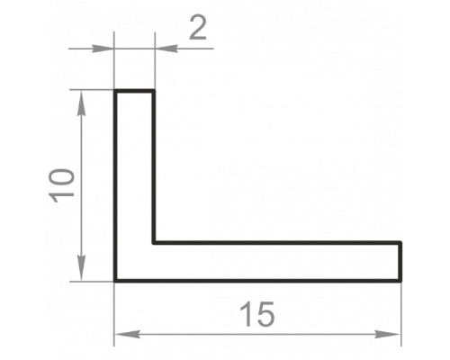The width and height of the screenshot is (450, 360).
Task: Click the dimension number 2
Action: coord(198,29)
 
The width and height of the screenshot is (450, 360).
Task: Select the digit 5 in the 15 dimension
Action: coord(265,314)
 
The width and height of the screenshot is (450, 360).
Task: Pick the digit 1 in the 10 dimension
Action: coord(63,196)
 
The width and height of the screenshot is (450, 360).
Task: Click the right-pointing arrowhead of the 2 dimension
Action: coord(103,49)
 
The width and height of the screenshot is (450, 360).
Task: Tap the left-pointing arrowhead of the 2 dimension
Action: coord(166,49)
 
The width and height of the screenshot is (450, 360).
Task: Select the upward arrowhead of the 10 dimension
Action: coord(81,103)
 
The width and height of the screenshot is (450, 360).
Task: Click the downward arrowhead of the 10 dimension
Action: coord(81,268)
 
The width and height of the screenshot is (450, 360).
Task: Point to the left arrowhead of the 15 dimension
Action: coord(127,334)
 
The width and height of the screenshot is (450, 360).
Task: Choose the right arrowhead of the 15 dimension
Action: coord(388,334)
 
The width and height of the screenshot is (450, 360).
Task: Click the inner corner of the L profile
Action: coord(154,242)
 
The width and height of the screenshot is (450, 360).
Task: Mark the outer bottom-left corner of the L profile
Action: coord(115,281)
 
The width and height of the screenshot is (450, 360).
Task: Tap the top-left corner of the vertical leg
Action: coord(115,91)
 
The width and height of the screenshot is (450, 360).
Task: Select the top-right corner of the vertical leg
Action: coord(154,91)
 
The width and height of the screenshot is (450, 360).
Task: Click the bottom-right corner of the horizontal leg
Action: coord(400,281)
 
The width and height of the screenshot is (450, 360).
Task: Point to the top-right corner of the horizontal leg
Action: coord(400,242)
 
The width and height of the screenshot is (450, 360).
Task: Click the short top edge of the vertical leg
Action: coord(134,91)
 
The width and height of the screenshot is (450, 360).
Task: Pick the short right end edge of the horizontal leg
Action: coord(400,262)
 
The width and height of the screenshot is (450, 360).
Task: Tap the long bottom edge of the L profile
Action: coord(257,281)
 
